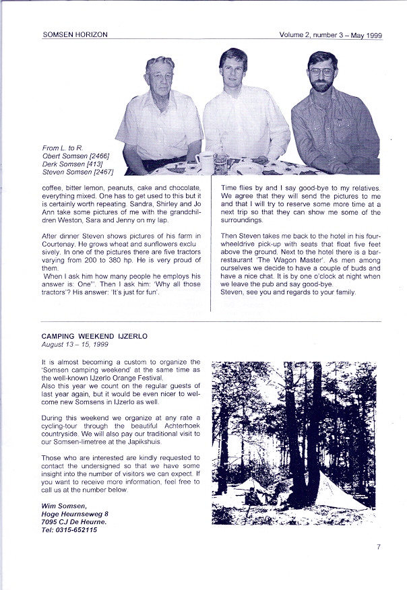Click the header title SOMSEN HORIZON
[75, 34]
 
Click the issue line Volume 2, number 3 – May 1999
[330, 34]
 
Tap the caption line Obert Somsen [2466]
[75, 156]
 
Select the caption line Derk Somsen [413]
[73, 164]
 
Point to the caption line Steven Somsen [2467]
[77, 172]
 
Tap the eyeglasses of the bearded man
[321, 71]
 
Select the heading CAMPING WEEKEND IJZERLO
[94, 335]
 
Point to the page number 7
[379, 547]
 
